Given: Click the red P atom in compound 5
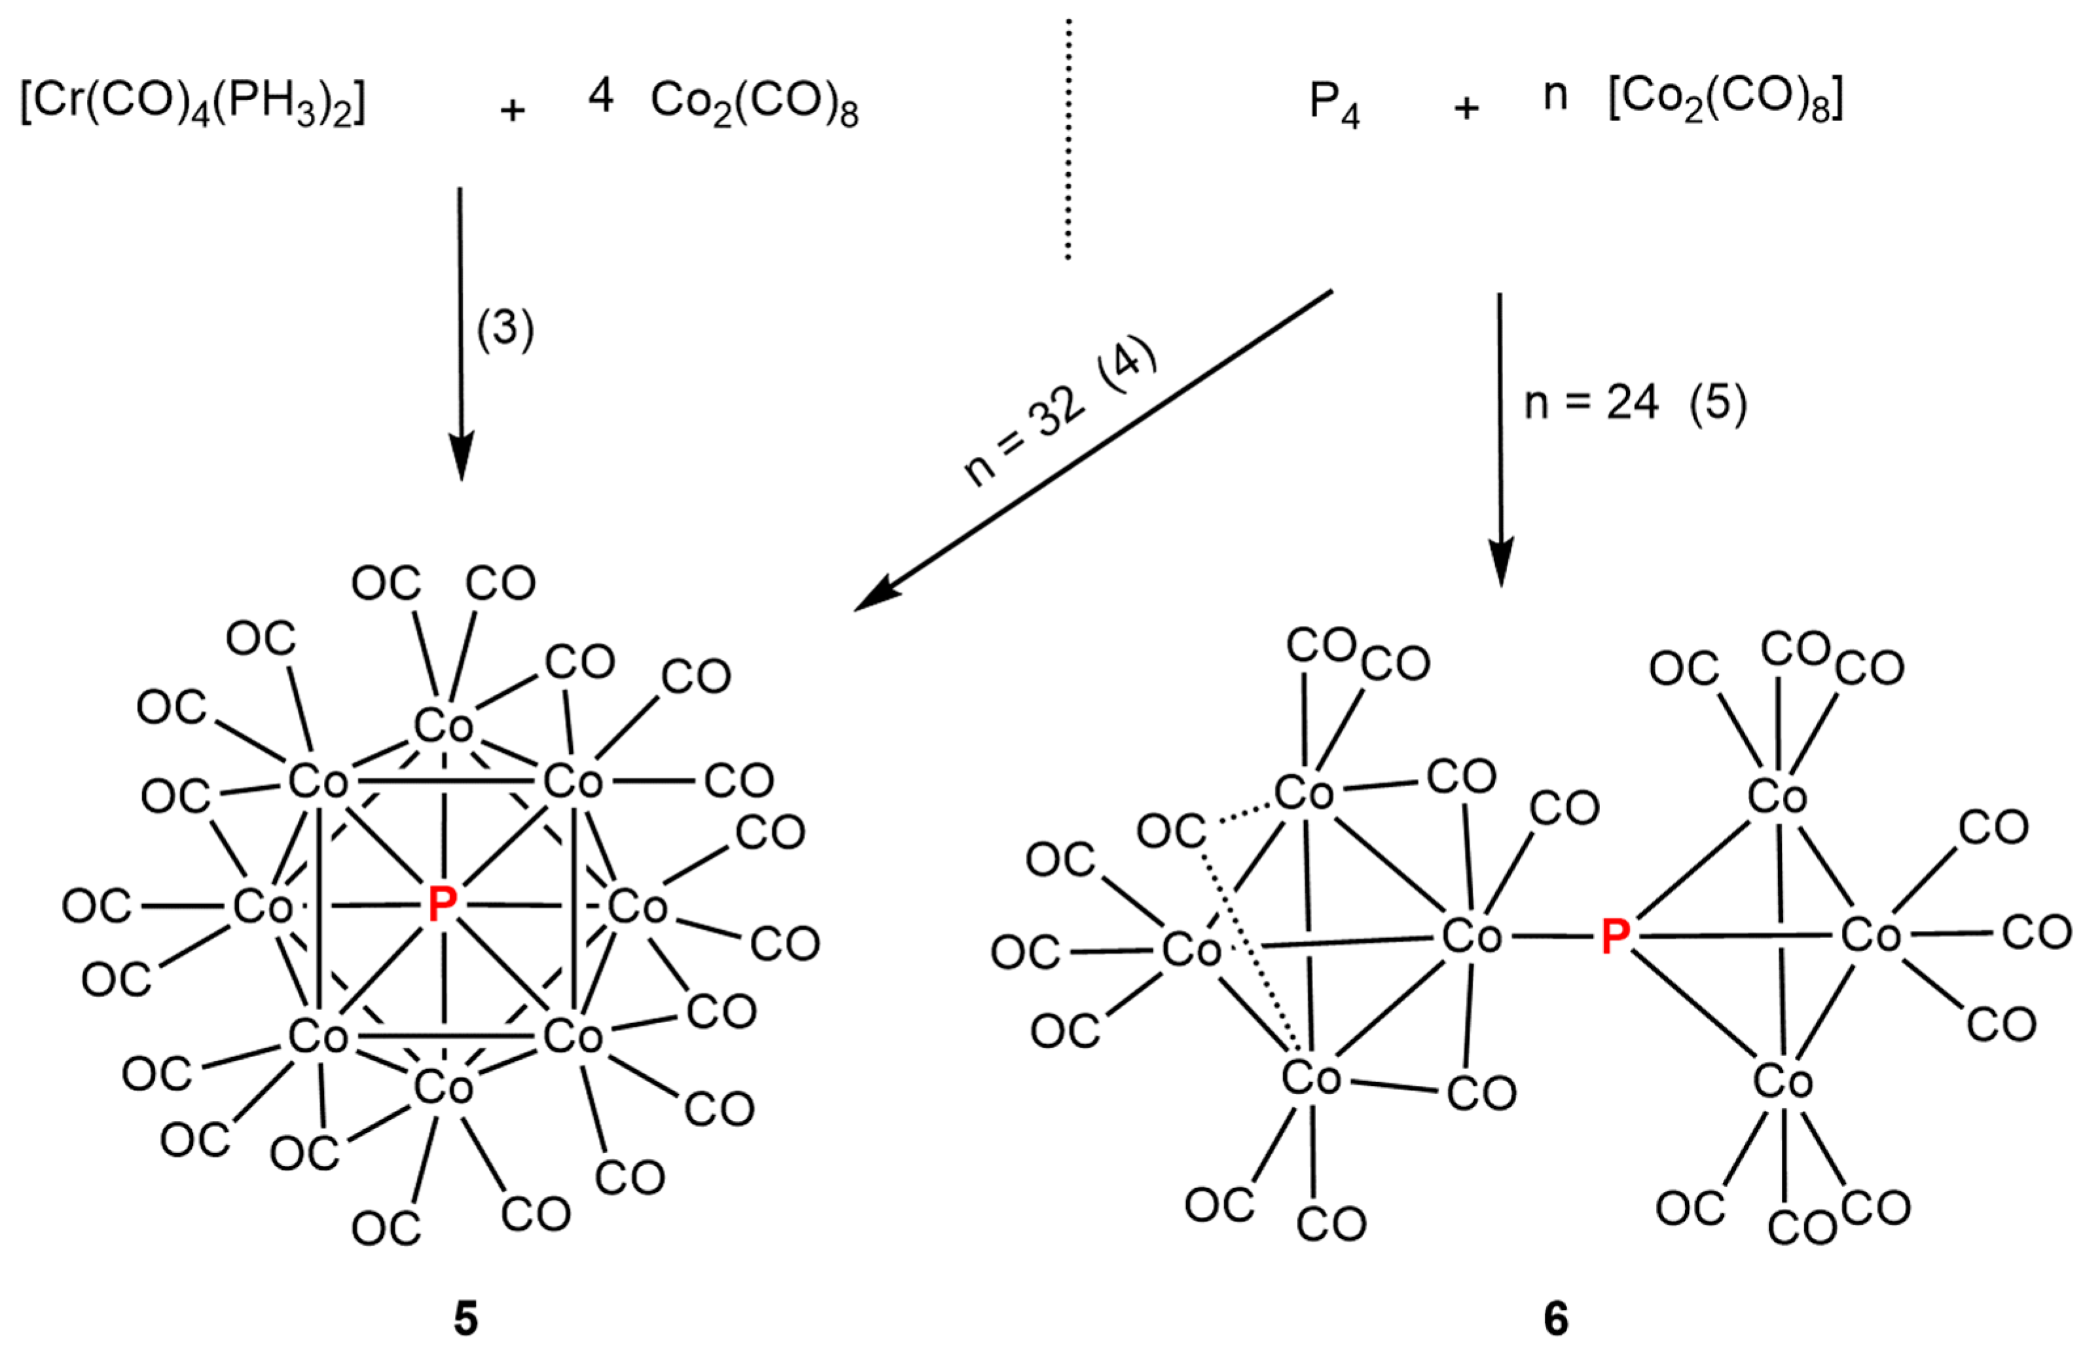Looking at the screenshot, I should [443, 904].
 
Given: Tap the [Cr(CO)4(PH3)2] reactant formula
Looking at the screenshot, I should [192, 105].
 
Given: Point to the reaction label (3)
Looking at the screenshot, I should [505, 331].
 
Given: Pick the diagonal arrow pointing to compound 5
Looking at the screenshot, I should [1093, 450].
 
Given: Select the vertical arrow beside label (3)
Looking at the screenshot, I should [461, 333].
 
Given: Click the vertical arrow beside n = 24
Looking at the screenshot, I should [1500, 437].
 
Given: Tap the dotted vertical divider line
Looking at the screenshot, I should [1068, 140].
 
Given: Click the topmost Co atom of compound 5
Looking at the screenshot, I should [443, 726].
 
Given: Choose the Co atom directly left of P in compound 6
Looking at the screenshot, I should [1472, 937].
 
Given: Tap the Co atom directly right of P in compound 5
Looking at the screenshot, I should [638, 907].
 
